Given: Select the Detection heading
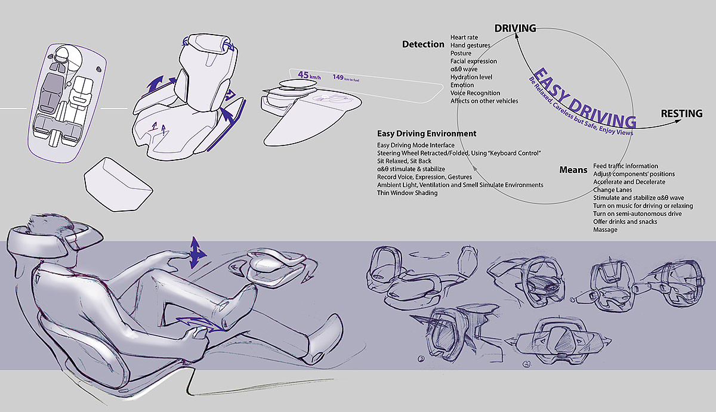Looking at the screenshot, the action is tap(423, 44).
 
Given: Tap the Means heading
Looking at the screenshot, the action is tap(573, 170).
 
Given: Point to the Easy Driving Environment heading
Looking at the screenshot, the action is tap(427, 134).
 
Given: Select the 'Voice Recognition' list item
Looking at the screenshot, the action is tap(476, 93).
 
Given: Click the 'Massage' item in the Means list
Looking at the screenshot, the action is tap(606, 230).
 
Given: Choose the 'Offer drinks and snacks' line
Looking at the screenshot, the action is tap(625, 222).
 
